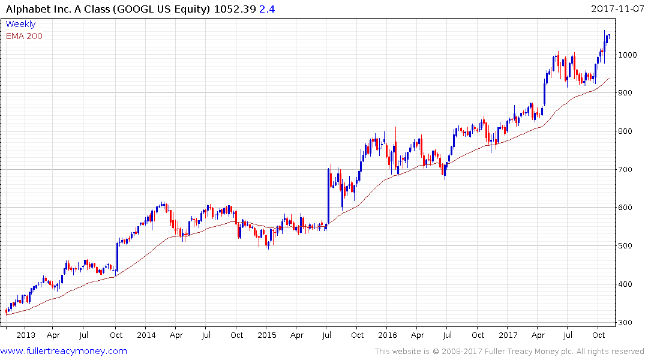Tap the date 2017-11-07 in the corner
click(x=617, y=9)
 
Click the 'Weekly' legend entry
click(x=21, y=25)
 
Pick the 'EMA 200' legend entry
click(x=25, y=36)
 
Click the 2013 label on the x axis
click(x=26, y=335)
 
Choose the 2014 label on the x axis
click(x=146, y=335)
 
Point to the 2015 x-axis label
click(x=267, y=335)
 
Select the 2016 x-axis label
click(x=388, y=335)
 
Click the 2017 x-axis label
click(x=508, y=335)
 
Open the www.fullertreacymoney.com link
click(x=64, y=351)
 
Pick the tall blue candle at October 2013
click(x=117, y=257)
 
